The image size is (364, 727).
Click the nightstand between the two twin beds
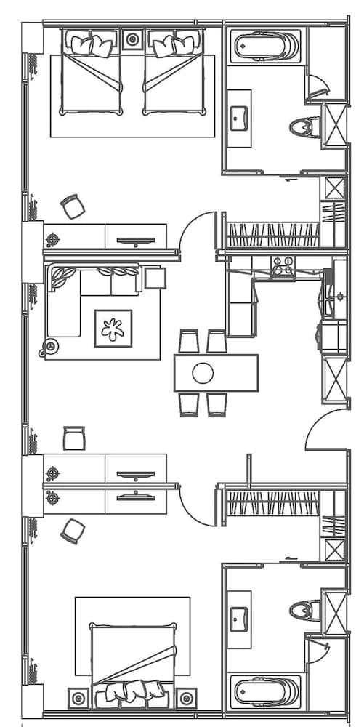[x=132, y=39]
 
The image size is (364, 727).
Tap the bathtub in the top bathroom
[x=267, y=47]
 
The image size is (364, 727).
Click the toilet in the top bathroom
[x=304, y=128]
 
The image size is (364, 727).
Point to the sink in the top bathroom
[x=240, y=117]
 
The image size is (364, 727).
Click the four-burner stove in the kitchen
[x=283, y=268]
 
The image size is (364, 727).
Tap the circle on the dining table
[x=203, y=373]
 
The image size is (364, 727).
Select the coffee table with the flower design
[x=113, y=328]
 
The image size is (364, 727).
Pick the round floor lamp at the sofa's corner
[x=51, y=346]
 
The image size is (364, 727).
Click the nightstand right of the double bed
[x=186, y=698]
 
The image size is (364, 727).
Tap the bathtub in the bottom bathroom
[x=267, y=691]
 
